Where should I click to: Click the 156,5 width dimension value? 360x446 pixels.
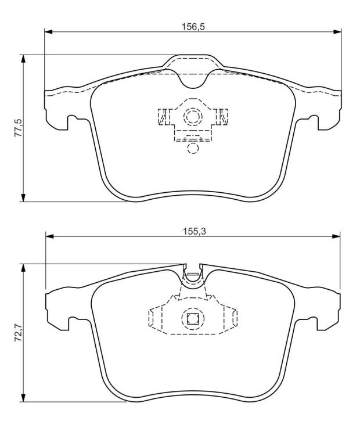tap(193, 27)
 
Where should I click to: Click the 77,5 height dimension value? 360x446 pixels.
tap(18, 128)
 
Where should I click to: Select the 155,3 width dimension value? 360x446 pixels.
tap(194, 232)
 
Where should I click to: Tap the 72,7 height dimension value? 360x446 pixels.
tap(18, 333)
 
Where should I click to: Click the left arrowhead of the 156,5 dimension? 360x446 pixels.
tap(49, 31)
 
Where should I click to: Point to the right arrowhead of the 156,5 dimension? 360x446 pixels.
tap(337, 31)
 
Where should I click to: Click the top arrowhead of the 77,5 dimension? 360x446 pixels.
tap(23, 59)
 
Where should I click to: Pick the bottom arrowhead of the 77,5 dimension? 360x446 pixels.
tap(23, 197)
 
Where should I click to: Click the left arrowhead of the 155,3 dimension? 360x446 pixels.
tap(50, 236)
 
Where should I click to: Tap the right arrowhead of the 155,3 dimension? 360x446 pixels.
tap(336, 236)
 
